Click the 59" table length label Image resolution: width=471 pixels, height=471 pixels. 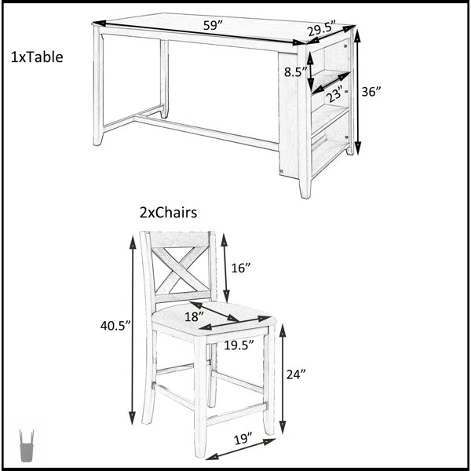(x=213, y=25)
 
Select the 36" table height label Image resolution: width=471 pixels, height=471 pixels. (x=371, y=91)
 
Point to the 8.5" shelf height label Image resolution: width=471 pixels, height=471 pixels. (x=296, y=72)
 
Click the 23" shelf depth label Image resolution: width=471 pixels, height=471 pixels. (x=334, y=93)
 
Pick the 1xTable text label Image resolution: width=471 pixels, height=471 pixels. (x=37, y=57)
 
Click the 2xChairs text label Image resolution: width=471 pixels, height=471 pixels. (x=168, y=213)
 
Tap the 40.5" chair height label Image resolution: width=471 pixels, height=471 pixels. (x=115, y=326)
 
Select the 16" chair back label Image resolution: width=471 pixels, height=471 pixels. (x=241, y=268)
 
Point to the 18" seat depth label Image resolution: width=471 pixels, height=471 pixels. (x=194, y=316)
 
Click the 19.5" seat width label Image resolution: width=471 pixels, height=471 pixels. (x=239, y=345)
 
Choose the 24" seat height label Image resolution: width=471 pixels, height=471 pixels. (x=296, y=374)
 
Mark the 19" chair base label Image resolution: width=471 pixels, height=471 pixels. (x=243, y=439)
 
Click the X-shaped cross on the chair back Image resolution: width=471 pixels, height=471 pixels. (x=180, y=269)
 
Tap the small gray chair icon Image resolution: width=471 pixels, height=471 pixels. (x=27, y=446)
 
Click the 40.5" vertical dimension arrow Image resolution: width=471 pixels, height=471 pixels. (x=133, y=330)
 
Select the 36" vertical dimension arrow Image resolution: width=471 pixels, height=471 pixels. (x=357, y=92)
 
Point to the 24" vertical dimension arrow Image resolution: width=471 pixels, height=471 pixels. (x=283, y=379)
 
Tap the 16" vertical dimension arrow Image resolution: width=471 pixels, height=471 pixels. (x=225, y=268)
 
